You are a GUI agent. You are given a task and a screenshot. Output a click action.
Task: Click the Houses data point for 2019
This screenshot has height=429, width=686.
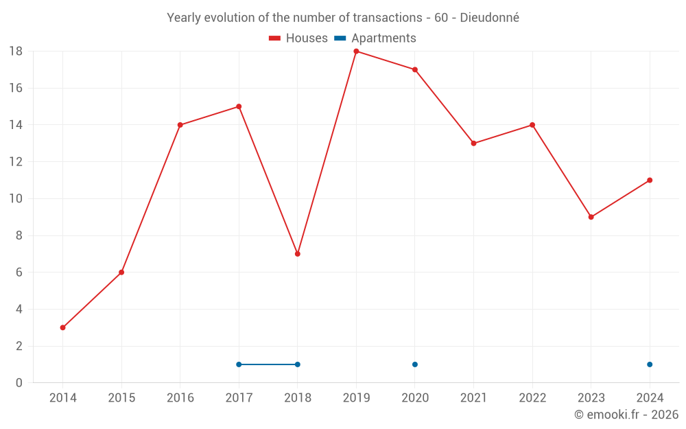356,51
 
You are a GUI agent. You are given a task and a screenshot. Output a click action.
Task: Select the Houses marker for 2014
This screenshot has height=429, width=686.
62,327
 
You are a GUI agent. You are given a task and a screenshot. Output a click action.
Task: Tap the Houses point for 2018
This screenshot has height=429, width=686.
298,254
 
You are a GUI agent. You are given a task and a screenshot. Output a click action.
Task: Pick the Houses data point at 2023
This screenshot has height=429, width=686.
591,217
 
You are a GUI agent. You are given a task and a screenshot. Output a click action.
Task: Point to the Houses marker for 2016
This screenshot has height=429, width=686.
180,125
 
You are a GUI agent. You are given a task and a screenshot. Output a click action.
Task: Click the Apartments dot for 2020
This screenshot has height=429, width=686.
415,364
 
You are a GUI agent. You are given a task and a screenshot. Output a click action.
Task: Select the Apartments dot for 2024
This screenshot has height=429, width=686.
650,364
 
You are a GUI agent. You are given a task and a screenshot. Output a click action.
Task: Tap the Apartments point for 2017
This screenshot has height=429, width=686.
239,364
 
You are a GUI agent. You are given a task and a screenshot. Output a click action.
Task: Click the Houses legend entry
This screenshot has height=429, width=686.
298,38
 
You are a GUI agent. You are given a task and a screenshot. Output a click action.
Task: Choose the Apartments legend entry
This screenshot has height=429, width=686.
375,38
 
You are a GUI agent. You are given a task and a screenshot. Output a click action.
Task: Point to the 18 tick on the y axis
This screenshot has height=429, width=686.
16,51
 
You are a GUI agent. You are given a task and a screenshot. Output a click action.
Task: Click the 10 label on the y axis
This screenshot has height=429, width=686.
16,199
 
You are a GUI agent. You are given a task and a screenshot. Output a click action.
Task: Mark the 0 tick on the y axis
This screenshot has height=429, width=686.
19,383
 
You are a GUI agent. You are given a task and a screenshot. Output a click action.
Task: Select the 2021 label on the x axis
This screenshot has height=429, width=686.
473,398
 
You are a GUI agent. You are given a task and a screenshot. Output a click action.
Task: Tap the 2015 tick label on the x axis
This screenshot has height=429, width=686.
121,398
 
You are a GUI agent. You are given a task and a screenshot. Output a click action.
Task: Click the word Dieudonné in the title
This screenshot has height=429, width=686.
489,18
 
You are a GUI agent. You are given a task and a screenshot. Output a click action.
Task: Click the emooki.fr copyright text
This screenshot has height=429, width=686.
626,415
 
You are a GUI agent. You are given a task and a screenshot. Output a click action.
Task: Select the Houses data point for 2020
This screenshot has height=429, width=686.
415,69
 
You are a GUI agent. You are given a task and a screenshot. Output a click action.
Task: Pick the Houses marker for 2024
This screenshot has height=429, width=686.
650,180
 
